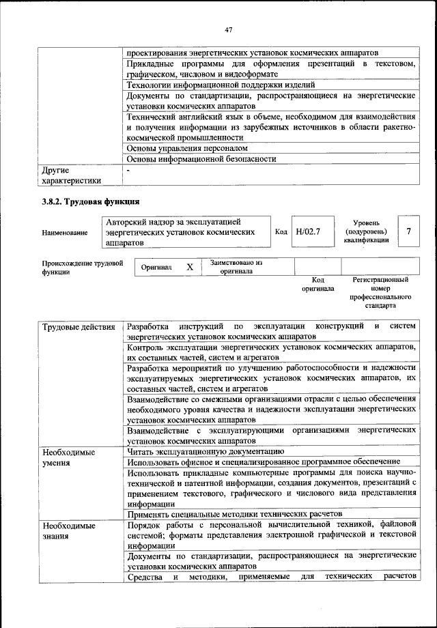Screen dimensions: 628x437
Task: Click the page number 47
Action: (229, 29)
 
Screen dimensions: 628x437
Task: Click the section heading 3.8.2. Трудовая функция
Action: (91, 201)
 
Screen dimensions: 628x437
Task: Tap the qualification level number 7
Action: (408, 232)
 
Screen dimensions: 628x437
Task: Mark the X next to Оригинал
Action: (190, 268)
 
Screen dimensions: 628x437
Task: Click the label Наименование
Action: (64, 233)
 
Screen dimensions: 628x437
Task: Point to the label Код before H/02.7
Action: (281, 232)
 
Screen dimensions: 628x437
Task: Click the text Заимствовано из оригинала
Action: (236, 267)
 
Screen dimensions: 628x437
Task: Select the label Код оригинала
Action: (318, 284)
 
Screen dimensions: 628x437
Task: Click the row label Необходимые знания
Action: (68, 530)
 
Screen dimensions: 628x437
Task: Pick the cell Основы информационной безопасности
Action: (201, 159)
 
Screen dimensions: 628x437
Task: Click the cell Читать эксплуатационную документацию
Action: (205, 452)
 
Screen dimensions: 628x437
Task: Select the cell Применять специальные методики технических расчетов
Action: (234, 514)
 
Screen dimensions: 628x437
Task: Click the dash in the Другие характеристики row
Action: (128, 170)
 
